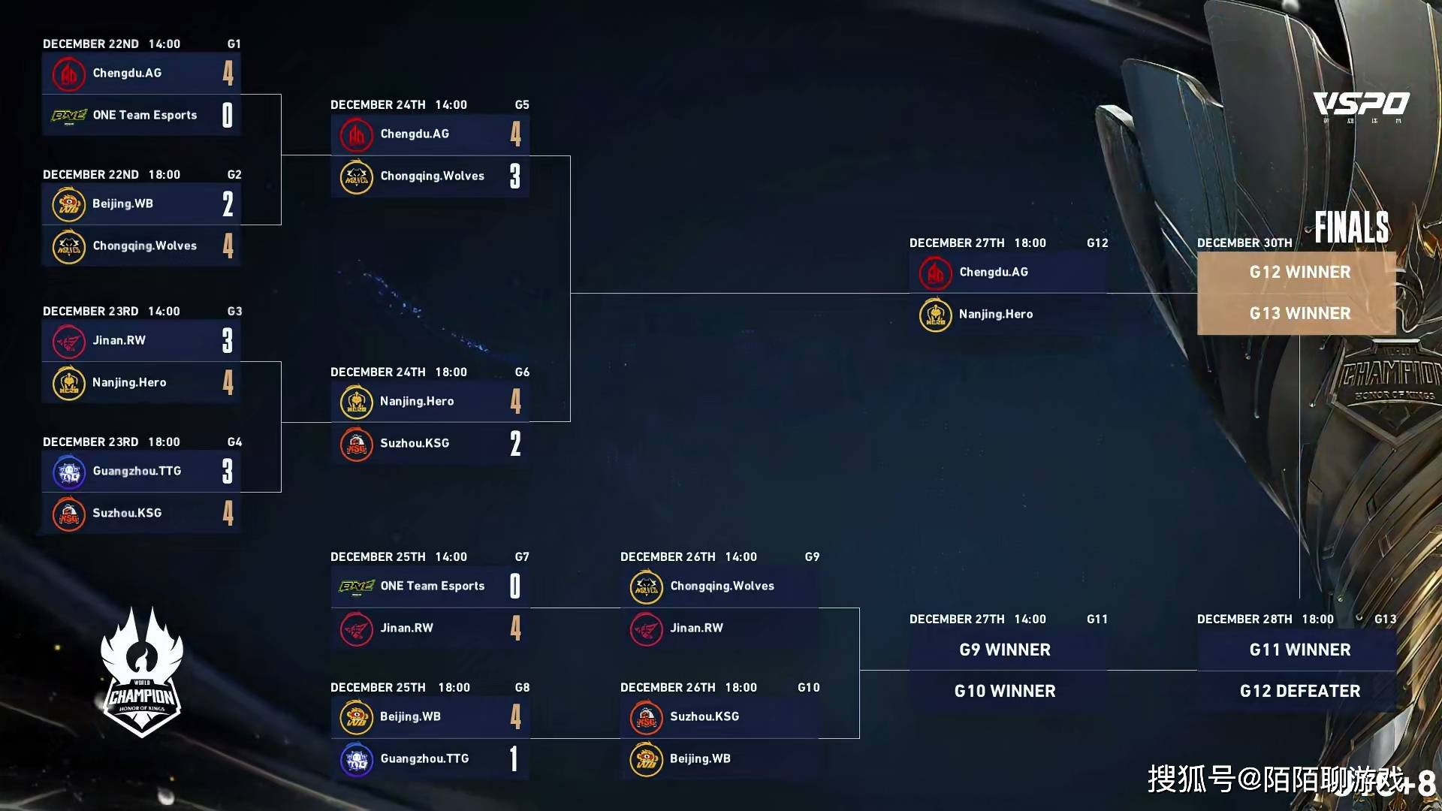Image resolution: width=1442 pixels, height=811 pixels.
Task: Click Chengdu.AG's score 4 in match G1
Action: click(228, 73)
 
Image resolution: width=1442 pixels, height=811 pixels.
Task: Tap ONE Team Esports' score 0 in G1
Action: click(228, 115)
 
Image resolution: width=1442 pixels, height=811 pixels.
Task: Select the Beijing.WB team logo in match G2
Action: click(68, 204)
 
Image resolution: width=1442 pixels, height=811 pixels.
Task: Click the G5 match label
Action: click(522, 105)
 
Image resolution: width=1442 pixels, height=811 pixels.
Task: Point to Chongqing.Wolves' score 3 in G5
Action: click(515, 176)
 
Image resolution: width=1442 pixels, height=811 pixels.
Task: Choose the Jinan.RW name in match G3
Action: click(119, 340)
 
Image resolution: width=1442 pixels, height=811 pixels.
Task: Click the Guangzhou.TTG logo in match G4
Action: click(68, 472)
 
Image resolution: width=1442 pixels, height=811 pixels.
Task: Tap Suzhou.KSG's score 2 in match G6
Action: click(515, 443)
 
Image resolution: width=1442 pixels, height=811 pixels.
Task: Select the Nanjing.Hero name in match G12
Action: click(995, 314)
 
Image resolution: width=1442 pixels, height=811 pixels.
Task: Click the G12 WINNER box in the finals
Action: click(1299, 272)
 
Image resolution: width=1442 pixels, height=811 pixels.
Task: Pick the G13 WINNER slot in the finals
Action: click(1299, 313)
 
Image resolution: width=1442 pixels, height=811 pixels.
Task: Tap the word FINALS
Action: click(1351, 227)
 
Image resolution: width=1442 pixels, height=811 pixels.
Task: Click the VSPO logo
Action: click(1361, 104)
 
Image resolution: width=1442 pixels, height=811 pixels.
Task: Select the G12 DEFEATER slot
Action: click(1299, 691)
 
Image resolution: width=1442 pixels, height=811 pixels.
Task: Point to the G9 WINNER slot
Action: click(1005, 650)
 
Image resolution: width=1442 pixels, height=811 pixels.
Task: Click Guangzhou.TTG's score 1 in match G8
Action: click(514, 758)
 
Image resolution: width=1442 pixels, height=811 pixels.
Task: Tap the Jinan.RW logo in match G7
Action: click(356, 629)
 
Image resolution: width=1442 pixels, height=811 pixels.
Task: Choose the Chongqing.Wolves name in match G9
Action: click(722, 586)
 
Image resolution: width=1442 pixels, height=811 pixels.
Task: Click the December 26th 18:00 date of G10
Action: click(688, 688)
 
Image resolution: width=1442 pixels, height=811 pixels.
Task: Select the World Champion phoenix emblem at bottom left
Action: click(142, 672)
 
